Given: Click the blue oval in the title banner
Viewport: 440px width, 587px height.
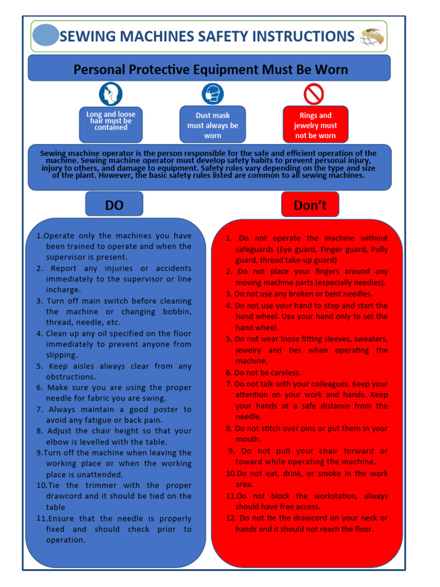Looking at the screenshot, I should tap(46, 36).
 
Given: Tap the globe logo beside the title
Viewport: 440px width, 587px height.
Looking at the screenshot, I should tap(372, 37).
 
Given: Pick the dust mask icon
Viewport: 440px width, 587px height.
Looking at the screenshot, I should tap(212, 93).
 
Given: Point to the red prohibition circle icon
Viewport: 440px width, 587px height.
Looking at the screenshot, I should tap(313, 94).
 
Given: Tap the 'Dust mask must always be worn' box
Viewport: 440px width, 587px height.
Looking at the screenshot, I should tap(213, 125).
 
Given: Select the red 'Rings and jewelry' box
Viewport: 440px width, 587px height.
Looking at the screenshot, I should tap(315, 125).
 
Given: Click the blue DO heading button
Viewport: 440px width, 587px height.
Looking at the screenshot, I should tap(114, 205).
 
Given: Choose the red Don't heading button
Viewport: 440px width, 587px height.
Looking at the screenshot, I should tap(310, 205).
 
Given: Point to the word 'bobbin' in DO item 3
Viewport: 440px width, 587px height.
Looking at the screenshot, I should tap(177, 311).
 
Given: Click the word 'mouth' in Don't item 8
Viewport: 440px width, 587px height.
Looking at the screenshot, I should tap(248, 439).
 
